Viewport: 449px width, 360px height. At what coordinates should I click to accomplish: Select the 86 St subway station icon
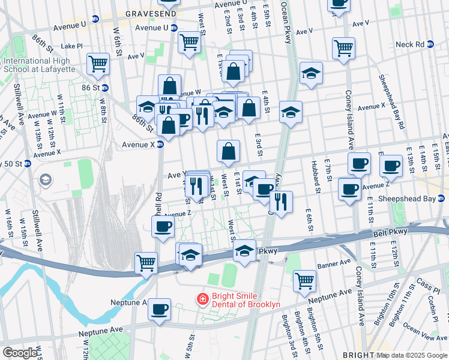click(104, 88)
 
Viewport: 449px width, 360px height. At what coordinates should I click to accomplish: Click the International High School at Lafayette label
click(37, 65)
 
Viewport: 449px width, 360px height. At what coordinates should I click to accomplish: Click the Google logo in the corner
click(20, 353)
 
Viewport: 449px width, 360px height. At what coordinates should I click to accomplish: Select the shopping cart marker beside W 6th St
click(98, 63)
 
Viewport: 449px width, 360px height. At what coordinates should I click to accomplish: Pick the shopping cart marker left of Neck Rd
click(343, 47)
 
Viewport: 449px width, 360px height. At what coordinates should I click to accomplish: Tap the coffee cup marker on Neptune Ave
click(159, 309)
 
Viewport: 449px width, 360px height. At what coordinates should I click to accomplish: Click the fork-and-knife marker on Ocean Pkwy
click(281, 201)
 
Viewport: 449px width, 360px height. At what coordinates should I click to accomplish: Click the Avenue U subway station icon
click(174, 28)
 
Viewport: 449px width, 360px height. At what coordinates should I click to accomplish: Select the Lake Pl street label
click(71, 46)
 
